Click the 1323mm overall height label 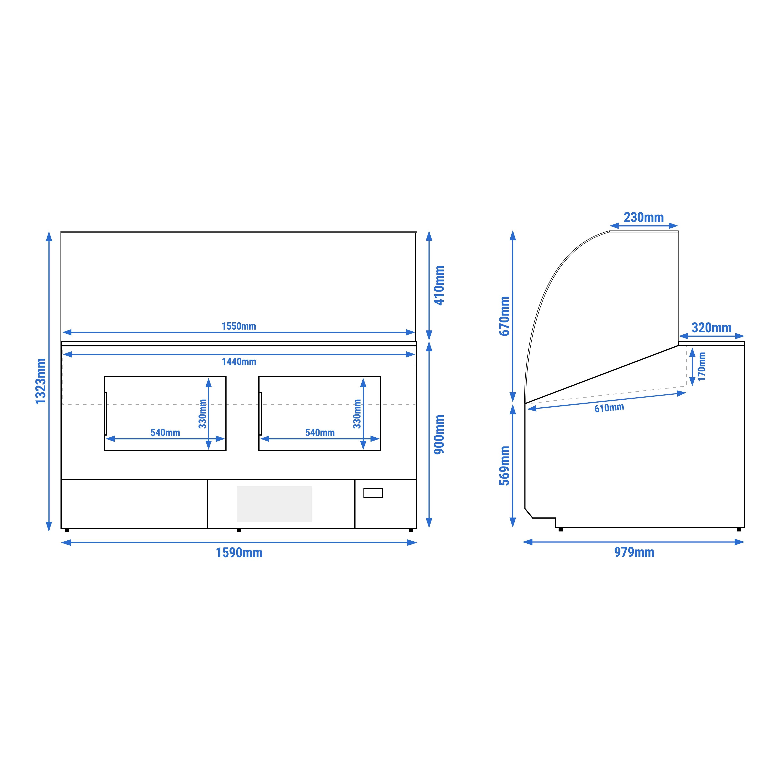tap(41, 381)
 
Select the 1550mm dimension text tap(239, 326)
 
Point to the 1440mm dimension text tap(239, 362)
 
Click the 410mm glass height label tap(439, 285)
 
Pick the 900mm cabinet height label tap(439, 434)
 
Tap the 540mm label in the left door tap(165, 433)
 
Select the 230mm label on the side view tap(644, 217)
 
